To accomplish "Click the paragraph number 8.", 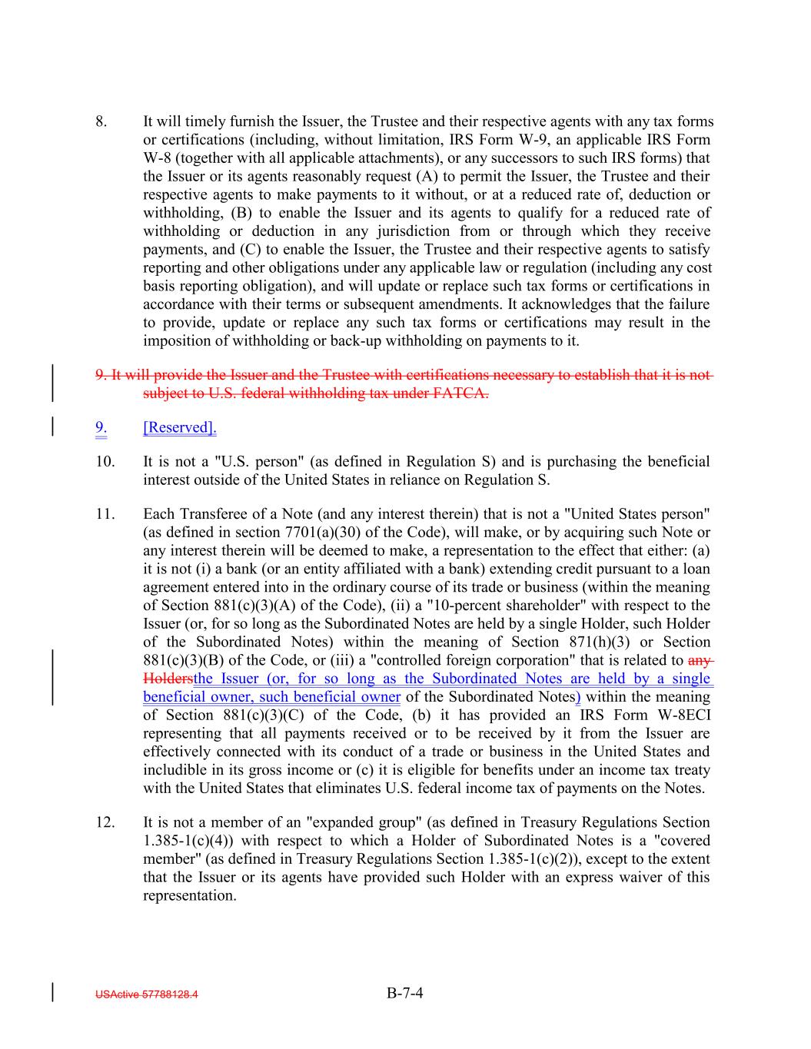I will [x=101, y=121].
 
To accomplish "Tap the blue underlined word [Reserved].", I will [x=180, y=427].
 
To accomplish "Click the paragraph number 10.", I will [x=105, y=461].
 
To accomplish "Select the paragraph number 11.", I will [x=105, y=513].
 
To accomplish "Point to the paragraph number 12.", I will [x=105, y=822].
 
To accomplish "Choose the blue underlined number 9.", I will [x=101, y=427].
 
